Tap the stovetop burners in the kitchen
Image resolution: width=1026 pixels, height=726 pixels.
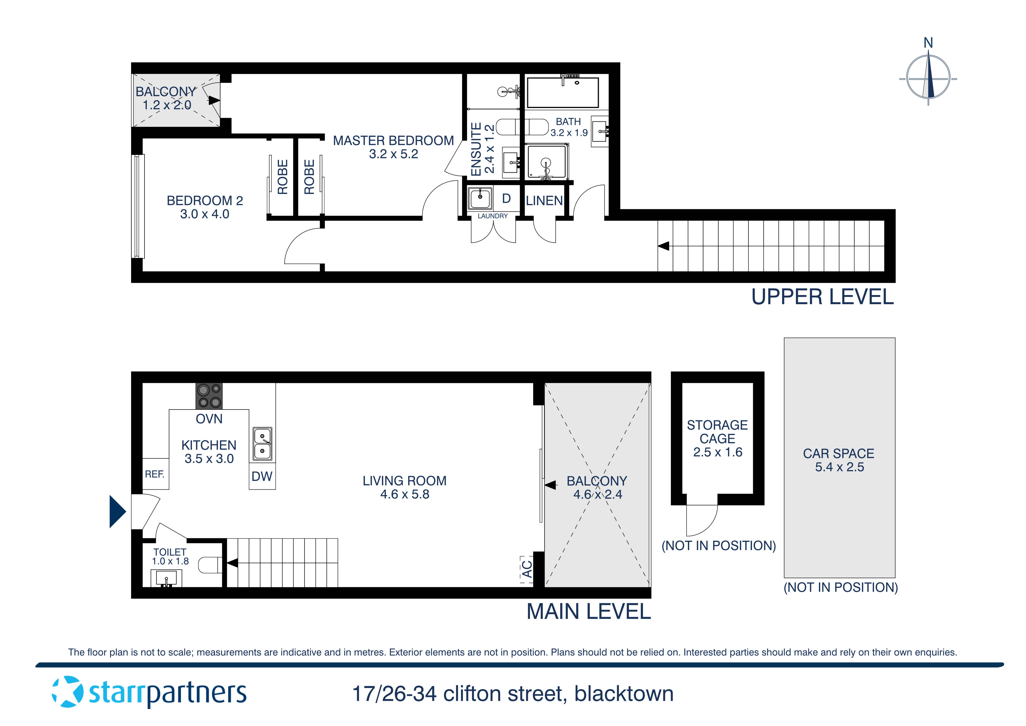coord(209,396)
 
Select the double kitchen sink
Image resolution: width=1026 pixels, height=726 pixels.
coord(262,444)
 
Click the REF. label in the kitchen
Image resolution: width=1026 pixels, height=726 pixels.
coord(155,474)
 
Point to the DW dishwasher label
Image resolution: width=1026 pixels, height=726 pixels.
coord(262,476)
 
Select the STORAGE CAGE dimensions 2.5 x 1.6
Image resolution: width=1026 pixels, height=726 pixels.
coord(717,452)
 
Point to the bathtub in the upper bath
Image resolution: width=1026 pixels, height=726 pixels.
coord(563,93)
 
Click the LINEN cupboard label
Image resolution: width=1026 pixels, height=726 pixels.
coord(544,201)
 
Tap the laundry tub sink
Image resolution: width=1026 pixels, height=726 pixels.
coord(480,198)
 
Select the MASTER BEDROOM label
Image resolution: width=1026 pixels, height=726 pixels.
coord(393,141)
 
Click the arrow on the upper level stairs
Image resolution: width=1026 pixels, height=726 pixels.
coord(663,246)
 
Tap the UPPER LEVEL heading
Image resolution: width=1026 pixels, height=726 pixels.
coord(822,297)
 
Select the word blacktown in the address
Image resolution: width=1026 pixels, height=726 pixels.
coord(624,694)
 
